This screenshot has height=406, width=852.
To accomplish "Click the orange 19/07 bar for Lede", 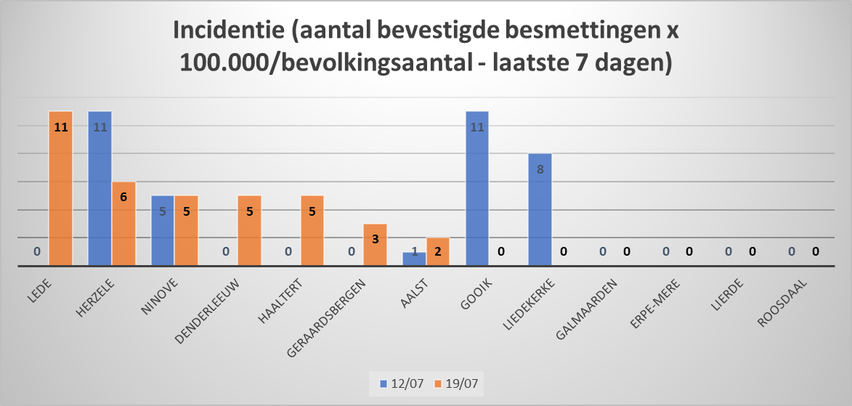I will (x=61, y=189).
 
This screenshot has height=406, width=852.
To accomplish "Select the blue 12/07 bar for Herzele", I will (x=100, y=189).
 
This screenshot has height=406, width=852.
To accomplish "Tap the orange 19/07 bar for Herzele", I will (x=123, y=224).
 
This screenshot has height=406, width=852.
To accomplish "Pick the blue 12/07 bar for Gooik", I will (x=476, y=189).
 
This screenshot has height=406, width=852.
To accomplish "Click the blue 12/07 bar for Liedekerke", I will (x=540, y=210).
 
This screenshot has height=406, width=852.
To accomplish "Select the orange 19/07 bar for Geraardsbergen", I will (x=375, y=245).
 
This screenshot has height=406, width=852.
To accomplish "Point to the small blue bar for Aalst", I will (x=414, y=259).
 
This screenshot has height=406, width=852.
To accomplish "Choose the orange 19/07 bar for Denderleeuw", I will (x=249, y=231).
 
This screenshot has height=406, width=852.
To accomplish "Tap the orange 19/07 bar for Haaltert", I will (x=312, y=231).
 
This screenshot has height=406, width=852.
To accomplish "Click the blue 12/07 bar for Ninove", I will (x=163, y=231).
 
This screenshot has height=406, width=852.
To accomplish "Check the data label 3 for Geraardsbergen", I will (x=375, y=237).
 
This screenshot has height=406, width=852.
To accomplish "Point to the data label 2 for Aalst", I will (x=437, y=251).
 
